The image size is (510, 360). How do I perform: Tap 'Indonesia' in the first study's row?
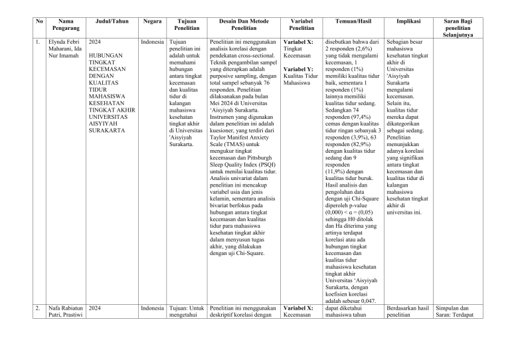point(152,42)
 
